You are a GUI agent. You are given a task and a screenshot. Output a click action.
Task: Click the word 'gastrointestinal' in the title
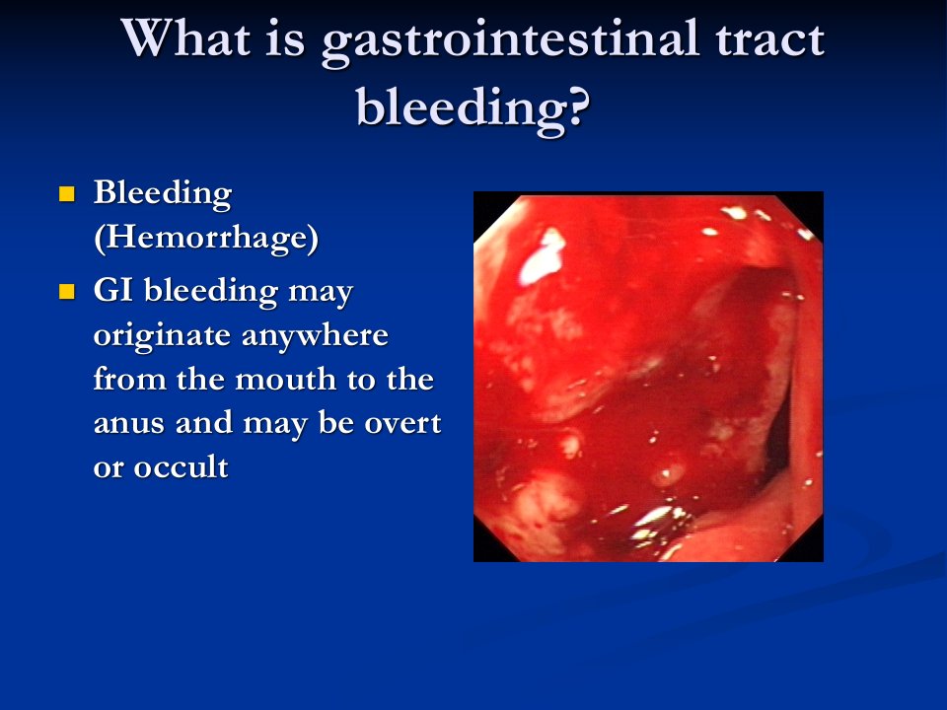(510, 40)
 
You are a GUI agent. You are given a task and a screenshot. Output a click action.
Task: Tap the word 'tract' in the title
(770, 38)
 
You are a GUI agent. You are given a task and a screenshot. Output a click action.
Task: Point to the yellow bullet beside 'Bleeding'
(66, 194)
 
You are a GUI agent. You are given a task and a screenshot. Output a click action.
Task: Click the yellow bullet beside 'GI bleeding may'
(66, 292)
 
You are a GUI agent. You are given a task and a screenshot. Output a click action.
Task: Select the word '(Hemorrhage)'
(206, 237)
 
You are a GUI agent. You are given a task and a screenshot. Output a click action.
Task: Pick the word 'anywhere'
(315, 335)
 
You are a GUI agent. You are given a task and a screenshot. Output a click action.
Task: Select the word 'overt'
(402, 423)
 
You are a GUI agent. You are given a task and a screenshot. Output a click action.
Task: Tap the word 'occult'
(181, 466)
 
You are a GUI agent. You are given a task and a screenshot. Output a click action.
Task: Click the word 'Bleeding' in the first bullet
(163, 194)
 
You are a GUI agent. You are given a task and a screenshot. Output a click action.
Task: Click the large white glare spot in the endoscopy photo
(542, 257)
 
